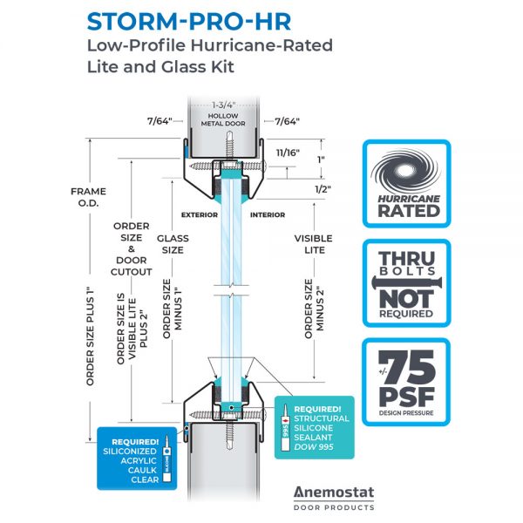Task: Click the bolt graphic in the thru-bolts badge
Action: pos(405,281)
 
